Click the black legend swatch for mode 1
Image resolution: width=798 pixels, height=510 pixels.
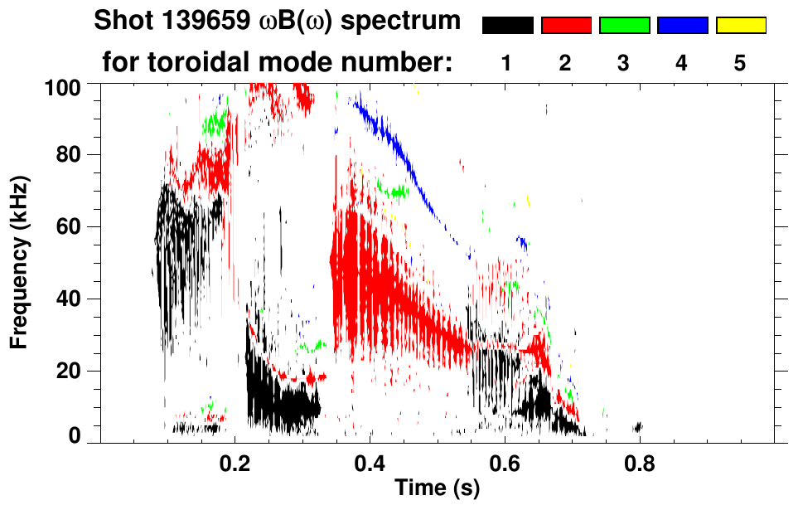click(507, 26)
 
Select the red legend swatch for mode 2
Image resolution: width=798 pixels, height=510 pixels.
click(566, 26)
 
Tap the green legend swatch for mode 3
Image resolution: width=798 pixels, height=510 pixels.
click(624, 26)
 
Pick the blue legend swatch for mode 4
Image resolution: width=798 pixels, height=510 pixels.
click(682, 26)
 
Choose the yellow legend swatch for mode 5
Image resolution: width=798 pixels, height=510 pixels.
click(741, 26)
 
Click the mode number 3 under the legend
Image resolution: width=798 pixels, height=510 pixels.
click(624, 63)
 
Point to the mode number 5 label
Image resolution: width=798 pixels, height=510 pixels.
click(741, 63)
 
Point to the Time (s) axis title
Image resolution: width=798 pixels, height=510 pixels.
click(436, 488)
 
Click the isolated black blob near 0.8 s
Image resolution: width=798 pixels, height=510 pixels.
click(638, 428)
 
